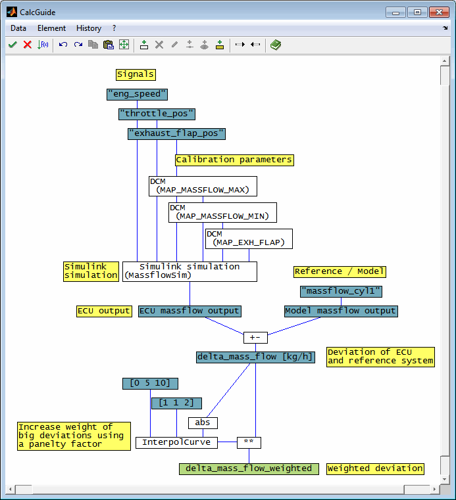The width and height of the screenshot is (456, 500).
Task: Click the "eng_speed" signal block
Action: click(137, 95)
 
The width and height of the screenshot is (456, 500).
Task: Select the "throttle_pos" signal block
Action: click(157, 114)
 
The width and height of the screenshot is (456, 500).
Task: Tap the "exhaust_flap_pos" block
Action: click(176, 134)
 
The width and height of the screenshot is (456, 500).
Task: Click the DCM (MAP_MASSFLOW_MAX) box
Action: click(203, 186)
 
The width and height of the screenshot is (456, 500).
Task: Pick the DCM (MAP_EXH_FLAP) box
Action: click(249, 239)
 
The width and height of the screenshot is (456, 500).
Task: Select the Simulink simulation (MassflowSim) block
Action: click(190, 272)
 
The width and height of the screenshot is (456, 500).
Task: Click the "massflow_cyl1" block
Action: click(341, 292)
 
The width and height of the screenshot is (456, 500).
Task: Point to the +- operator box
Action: click(255, 338)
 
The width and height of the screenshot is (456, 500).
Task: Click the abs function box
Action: click(203, 423)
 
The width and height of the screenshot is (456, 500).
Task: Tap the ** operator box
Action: click(249, 443)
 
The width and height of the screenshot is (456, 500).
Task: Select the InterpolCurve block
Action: click(176, 443)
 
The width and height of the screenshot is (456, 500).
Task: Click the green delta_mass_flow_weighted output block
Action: click(249, 468)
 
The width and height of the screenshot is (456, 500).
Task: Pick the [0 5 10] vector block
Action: click(150, 383)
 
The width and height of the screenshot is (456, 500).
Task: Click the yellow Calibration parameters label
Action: click(234, 160)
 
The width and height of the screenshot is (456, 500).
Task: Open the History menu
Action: click(89, 28)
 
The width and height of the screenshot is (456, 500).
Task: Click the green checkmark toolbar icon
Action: click(13, 45)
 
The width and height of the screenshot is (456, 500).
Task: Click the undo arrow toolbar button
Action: click(63, 45)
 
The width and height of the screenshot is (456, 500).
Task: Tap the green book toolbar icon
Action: click(276, 45)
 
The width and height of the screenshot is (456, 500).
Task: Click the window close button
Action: click(439, 12)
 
